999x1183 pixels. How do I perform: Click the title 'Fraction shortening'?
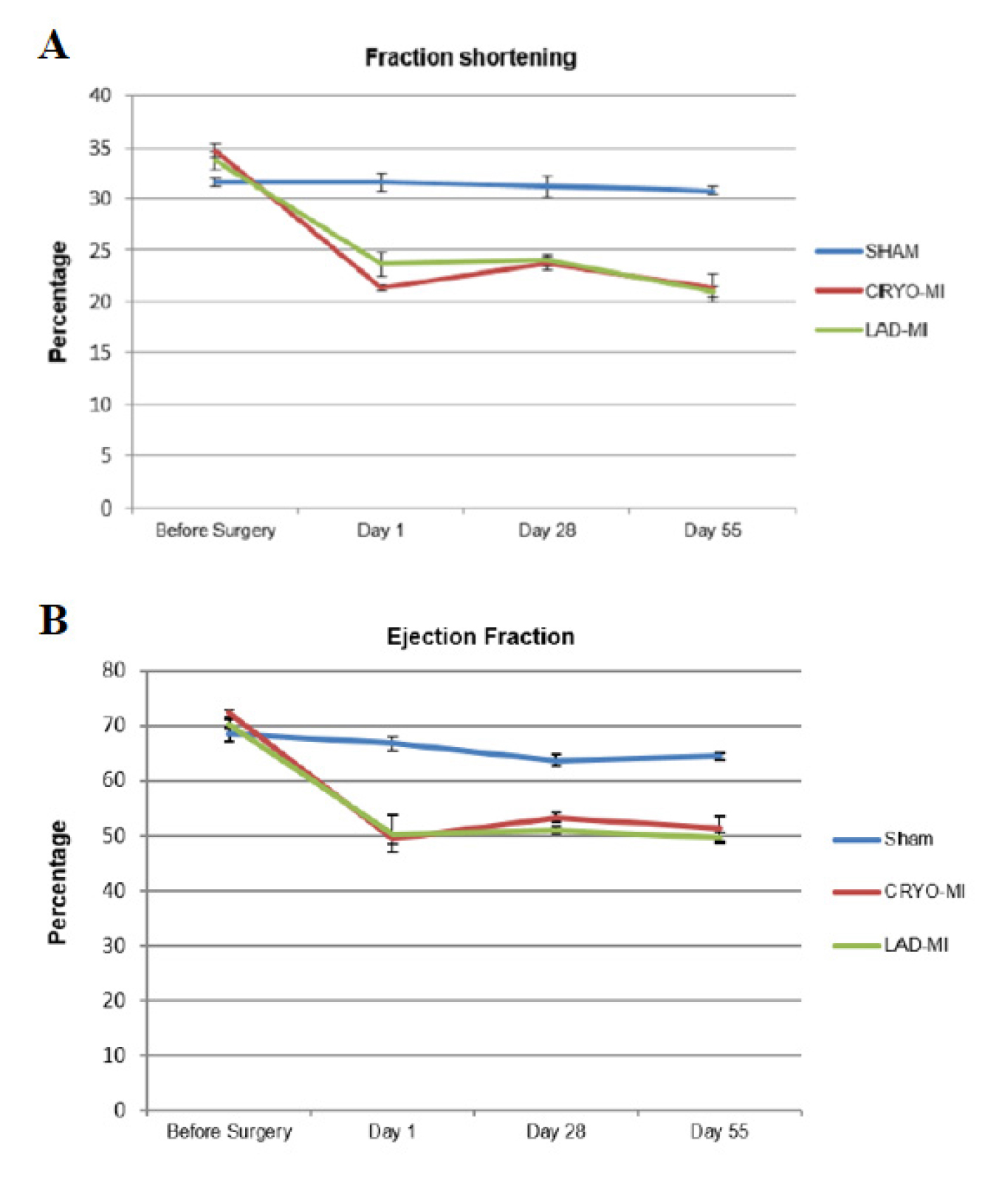(471, 58)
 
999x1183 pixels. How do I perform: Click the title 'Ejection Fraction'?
(481, 637)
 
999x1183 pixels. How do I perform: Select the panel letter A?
(54, 46)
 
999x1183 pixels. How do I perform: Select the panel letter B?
(53, 620)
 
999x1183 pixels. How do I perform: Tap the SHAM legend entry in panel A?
(868, 251)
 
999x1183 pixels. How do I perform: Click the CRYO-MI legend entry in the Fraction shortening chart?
(879, 291)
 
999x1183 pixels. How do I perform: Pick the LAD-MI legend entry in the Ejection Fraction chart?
(890, 945)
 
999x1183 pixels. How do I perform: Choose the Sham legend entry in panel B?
(883, 839)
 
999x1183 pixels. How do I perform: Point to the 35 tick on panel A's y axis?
(100, 149)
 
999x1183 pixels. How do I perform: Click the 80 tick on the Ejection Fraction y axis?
(114, 670)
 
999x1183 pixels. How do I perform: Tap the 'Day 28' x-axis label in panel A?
(547, 531)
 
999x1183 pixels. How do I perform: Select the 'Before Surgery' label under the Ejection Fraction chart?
(229, 1132)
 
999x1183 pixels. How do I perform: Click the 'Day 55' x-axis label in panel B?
(719, 1132)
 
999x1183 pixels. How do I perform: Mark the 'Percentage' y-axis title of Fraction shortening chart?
(58, 301)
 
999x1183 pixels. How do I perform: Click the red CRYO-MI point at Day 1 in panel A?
(382, 287)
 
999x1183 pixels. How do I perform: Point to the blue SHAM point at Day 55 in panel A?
(713, 191)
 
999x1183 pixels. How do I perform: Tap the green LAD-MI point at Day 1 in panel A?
(382, 263)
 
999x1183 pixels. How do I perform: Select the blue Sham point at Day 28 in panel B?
(556, 760)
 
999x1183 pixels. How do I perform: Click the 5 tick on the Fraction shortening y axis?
(107, 456)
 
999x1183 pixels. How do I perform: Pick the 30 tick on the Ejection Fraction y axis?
(114, 946)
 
